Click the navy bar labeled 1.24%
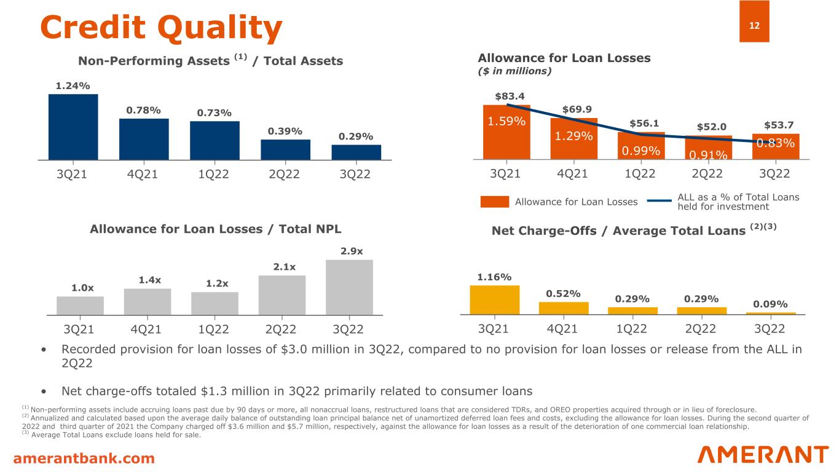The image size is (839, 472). [x=73, y=127]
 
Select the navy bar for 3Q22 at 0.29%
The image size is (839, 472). [x=356, y=152]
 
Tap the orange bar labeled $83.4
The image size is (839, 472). [x=507, y=132]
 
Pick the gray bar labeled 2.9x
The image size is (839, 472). [x=349, y=287]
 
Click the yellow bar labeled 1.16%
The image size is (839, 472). [x=494, y=300]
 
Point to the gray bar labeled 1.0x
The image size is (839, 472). [x=80, y=305]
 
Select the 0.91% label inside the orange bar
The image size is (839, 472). [x=708, y=155]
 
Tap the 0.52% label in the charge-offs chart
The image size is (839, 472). [x=564, y=293]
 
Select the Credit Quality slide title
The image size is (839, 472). [x=161, y=27]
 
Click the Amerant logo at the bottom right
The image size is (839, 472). [x=763, y=455]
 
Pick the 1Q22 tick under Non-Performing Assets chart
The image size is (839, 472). [x=215, y=174]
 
